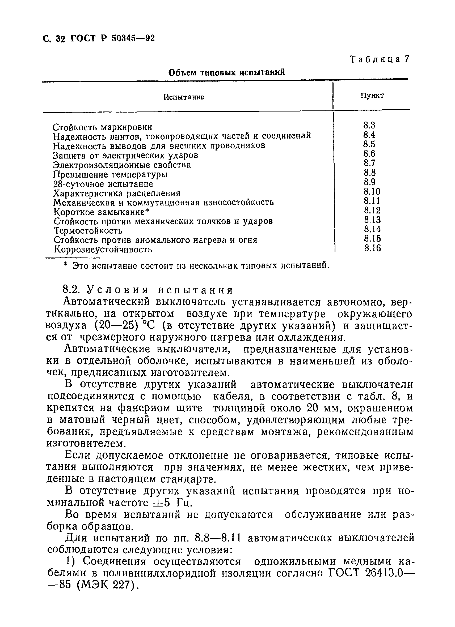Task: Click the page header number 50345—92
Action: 133,38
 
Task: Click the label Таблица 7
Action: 380,59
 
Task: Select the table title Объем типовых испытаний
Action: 227,73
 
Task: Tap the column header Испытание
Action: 184,97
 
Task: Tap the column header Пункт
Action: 372,96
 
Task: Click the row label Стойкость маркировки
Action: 102,127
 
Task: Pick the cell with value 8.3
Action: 369,125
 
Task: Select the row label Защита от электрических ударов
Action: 125,155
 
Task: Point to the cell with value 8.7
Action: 369,163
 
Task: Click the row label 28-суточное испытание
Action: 103,184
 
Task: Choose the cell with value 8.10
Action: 372,191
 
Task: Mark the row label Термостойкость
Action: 88,231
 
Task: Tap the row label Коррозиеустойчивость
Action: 103,249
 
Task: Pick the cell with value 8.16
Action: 372,248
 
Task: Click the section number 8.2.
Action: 71,289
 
